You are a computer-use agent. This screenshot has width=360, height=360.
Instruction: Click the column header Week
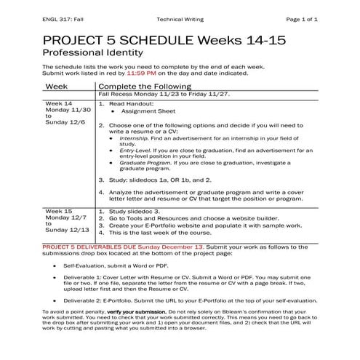[x=57, y=86]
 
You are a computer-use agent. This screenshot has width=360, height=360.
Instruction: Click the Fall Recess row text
[x=158, y=95]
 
